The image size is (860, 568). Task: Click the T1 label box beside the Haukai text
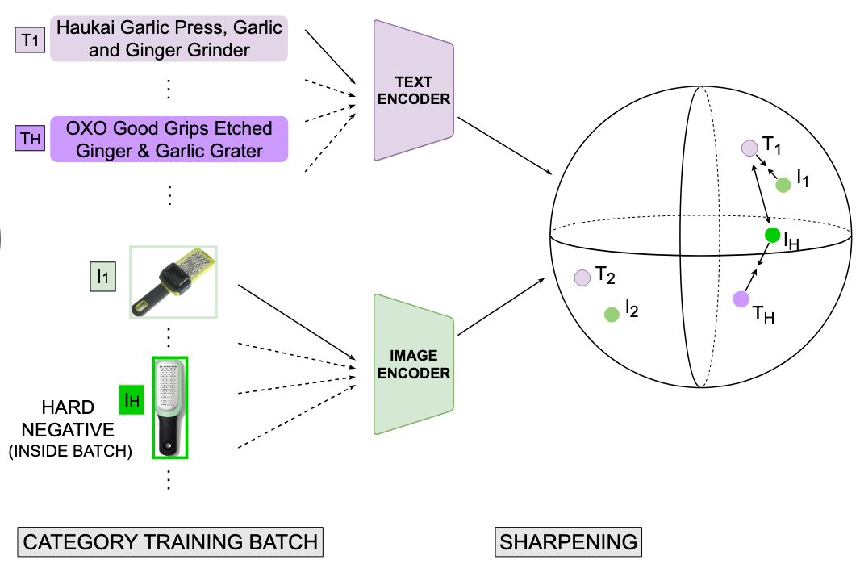click(30, 40)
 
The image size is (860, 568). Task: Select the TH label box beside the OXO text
click(30, 138)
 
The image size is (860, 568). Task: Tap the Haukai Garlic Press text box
click(169, 39)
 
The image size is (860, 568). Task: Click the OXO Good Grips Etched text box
click(169, 140)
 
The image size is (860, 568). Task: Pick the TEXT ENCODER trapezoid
click(414, 90)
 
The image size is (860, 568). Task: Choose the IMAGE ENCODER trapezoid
click(414, 365)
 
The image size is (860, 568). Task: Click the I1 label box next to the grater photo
click(102, 276)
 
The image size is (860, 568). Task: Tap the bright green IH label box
click(132, 399)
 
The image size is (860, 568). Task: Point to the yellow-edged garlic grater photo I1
click(173, 282)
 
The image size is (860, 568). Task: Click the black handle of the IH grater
click(169, 433)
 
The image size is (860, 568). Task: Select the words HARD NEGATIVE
click(68, 418)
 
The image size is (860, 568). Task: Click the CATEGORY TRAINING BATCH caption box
click(170, 542)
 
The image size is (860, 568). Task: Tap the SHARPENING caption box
click(568, 542)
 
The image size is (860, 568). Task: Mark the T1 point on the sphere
click(749, 148)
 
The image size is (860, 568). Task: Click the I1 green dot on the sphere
click(783, 185)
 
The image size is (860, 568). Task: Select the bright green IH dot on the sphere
click(772, 236)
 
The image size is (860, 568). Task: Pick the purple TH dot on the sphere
click(741, 299)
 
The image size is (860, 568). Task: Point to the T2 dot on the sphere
click(582, 278)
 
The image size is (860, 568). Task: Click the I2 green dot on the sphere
click(612, 315)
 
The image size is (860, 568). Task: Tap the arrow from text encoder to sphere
click(504, 146)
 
